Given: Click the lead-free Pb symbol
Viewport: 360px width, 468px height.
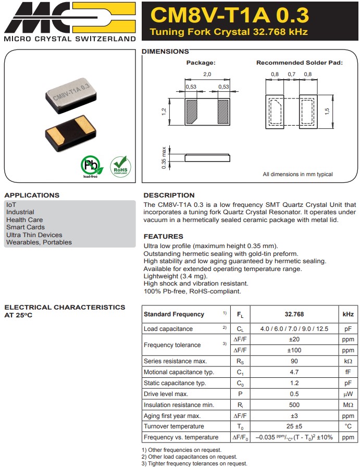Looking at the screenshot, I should point(89,165).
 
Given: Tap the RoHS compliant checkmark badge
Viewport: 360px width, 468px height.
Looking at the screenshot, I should point(120,166).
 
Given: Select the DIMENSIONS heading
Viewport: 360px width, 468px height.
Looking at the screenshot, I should point(165,52).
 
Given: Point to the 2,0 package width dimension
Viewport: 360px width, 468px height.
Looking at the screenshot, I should point(207,75).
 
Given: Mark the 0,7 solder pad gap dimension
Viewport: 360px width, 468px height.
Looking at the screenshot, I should point(291,75).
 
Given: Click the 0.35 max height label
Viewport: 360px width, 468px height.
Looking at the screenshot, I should point(164,157).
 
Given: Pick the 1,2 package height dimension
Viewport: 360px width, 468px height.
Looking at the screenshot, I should point(164,112).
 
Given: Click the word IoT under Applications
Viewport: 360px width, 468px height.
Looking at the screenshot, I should point(11,205).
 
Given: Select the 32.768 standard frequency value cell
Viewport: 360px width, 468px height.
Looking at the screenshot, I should point(294,314).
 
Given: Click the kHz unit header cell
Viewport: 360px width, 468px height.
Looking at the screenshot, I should point(348,314).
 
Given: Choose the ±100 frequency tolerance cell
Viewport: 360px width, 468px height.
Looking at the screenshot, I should point(294,350).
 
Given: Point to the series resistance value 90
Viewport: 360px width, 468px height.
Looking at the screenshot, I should point(294,361).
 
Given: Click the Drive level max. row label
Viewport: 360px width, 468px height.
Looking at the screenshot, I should point(166,394).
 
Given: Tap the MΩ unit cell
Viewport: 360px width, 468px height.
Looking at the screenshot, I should point(348,405).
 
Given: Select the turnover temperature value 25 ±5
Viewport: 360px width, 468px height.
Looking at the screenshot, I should point(294,426).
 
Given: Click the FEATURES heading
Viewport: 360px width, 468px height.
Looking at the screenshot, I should point(163,237).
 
